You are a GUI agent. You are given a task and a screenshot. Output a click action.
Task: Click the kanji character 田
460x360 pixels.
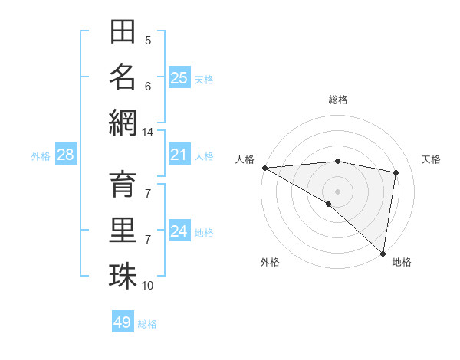tap(123, 32)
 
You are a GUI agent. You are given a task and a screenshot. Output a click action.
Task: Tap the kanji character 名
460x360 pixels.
tap(123, 77)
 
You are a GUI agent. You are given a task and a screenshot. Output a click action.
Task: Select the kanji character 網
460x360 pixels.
tap(123, 122)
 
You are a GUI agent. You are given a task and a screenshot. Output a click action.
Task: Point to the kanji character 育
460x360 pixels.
tap(123, 187)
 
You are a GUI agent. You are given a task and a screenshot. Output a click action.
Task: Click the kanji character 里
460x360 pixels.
tap(123, 231)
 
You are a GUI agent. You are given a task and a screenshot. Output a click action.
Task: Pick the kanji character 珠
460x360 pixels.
tap(123, 276)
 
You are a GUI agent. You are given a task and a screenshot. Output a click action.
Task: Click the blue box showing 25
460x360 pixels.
tap(179, 77)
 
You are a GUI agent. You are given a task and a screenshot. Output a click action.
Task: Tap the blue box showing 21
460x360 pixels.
tap(179, 155)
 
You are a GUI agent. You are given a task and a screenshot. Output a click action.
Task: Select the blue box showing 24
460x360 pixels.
tap(179, 231)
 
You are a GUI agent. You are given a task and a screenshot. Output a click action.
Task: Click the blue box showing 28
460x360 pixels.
tap(65, 155)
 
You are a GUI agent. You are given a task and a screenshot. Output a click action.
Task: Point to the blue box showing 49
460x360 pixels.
tap(123, 322)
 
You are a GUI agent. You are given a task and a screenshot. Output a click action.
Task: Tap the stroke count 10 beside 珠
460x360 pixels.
tap(147, 286)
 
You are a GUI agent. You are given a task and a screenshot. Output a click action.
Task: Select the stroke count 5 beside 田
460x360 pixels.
tap(148, 41)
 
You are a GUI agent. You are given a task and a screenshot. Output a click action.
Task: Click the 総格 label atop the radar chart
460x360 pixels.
tap(337, 100)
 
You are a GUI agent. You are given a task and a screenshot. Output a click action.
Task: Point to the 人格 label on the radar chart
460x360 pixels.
tap(245, 159)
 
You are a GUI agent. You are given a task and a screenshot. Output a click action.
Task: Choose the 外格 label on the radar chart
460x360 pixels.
tap(269, 262)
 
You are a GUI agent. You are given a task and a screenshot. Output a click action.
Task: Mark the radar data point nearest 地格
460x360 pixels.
tap(383, 253)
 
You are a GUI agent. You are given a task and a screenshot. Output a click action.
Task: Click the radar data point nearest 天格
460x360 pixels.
tap(396, 172)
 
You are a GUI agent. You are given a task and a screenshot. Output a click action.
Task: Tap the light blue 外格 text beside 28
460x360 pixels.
tap(41, 156)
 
